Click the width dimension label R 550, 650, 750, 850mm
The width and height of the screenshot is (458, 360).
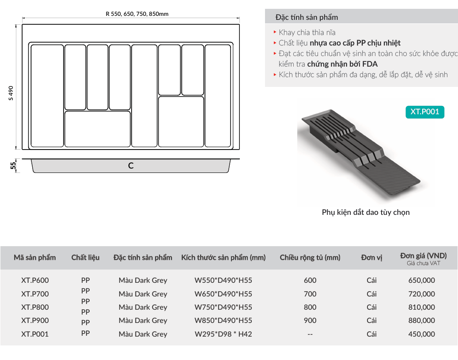[x=137, y=14]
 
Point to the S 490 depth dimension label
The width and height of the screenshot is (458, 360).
[x=11, y=93]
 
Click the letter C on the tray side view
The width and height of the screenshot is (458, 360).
[x=131, y=166]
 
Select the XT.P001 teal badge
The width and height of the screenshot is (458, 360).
[x=425, y=112]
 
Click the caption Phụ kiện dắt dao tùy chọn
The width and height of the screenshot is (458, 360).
[x=366, y=212]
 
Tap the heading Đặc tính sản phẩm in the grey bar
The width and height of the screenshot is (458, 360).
[x=307, y=17]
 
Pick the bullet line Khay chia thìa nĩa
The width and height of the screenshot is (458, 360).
[x=307, y=32]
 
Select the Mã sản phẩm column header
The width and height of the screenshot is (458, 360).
[x=35, y=258]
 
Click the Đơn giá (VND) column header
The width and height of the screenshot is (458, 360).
[x=424, y=255]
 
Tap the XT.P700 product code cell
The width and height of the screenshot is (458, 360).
[x=35, y=294]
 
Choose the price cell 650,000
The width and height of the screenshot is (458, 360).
[x=422, y=280]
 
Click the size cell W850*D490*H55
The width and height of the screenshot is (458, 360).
[x=223, y=320]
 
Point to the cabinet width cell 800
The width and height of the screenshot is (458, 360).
[x=310, y=307]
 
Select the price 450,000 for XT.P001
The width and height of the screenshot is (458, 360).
[x=422, y=334]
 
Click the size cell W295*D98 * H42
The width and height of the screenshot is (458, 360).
[x=223, y=334]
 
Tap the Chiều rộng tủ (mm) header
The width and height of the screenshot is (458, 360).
[x=310, y=258]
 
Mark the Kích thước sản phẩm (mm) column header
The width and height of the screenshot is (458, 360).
[x=223, y=258]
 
